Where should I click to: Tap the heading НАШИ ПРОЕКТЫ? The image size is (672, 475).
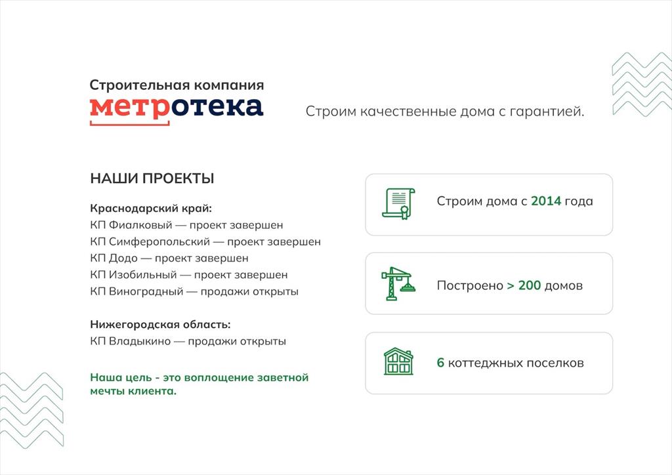pyautogui.click(x=152, y=178)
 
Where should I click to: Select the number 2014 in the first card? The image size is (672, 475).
pyautogui.click(x=546, y=201)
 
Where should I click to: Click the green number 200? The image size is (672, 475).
pyautogui.click(x=530, y=285)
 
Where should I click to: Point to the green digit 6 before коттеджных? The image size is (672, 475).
pyautogui.click(x=440, y=363)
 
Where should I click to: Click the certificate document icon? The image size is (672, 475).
pyautogui.click(x=398, y=203)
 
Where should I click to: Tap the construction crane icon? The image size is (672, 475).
pyautogui.click(x=398, y=283)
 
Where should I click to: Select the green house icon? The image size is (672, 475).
pyautogui.click(x=398, y=361)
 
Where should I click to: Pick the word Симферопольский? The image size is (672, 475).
pyautogui.click(x=159, y=241)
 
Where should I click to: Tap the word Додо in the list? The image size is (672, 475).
pyautogui.click(x=123, y=258)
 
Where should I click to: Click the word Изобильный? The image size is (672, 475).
pyautogui.click(x=142, y=275)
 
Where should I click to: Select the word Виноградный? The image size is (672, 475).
pyautogui.click(x=146, y=292)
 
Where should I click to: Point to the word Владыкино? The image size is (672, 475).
pyautogui.click(x=140, y=341)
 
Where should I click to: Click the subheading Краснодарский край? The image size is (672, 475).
pyautogui.click(x=151, y=209)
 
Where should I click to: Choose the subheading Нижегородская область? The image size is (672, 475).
pyautogui.click(x=160, y=325)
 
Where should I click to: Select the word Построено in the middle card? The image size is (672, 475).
pyautogui.click(x=470, y=285)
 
